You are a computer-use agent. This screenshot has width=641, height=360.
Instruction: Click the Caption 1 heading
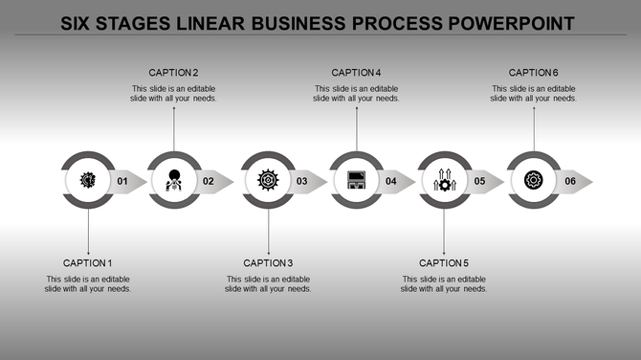click(x=88, y=263)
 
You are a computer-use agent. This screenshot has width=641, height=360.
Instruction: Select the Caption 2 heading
click(x=173, y=73)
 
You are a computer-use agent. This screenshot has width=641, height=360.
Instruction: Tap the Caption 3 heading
click(x=268, y=263)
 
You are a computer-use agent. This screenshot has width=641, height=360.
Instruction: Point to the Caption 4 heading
click(x=357, y=73)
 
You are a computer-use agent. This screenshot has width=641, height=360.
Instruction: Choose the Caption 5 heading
click(x=444, y=263)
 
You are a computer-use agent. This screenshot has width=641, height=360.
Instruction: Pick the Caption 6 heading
click(x=534, y=73)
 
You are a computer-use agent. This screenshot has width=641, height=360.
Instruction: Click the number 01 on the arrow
click(x=122, y=181)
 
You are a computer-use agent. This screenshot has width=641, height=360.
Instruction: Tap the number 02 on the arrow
click(x=209, y=181)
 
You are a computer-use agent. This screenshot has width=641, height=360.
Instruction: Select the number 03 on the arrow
click(x=301, y=181)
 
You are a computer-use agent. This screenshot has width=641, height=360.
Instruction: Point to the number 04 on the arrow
click(x=390, y=181)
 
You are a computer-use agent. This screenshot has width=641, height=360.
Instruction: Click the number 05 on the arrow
click(x=479, y=181)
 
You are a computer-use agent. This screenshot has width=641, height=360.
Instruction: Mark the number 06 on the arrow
click(x=570, y=181)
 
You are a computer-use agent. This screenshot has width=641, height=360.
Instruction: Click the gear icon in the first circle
click(x=87, y=180)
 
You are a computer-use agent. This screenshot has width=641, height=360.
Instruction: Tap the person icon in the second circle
click(x=174, y=180)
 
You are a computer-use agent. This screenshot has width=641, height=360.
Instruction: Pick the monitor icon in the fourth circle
click(x=356, y=180)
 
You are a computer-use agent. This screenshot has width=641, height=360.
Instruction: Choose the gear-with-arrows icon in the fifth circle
click(x=444, y=180)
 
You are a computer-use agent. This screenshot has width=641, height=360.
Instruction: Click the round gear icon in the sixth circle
click(x=534, y=180)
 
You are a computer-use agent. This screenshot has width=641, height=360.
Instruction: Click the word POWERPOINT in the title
click(x=502, y=21)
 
